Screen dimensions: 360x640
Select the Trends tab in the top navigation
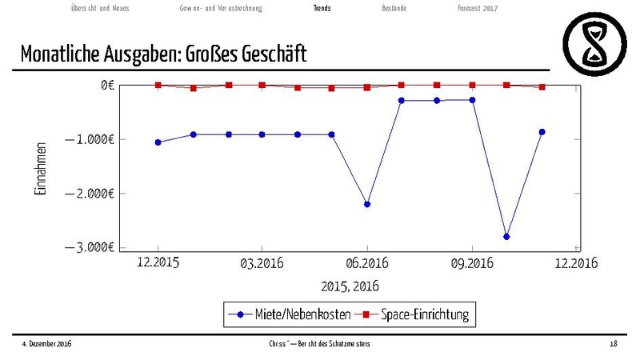[322, 8]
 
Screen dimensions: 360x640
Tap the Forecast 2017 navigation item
[477, 8]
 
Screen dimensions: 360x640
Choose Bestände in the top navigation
[397, 8]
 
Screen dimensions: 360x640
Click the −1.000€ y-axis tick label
[91, 139]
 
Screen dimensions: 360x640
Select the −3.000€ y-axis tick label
[91, 247]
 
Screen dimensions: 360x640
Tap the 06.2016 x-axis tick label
[366, 263]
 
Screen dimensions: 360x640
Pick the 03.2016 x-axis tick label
[262, 263]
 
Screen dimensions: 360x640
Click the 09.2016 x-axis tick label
[471, 263]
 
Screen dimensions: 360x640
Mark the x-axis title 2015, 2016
[350, 286]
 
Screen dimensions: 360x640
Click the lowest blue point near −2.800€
[506, 237]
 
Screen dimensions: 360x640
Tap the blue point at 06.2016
[366, 204]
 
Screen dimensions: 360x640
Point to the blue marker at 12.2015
[158, 142]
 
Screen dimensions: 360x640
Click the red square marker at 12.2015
[158, 85]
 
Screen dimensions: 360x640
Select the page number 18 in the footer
[613, 343]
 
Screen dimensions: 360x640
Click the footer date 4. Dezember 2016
[46, 343]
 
